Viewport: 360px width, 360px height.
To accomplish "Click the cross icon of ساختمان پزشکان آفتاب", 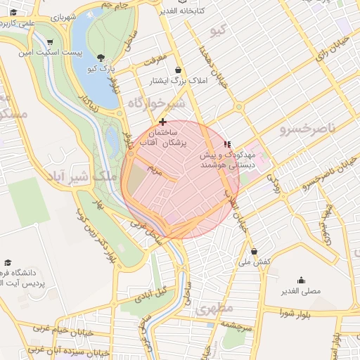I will pyautogui.click(x=163, y=122).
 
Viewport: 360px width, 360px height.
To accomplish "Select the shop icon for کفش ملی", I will pyautogui.click(x=254, y=251).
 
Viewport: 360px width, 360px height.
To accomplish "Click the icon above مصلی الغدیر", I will pyautogui.click(x=301, y=280).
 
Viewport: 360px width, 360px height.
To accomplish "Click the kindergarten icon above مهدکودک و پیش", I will pyautogui.click(x=226, y=143).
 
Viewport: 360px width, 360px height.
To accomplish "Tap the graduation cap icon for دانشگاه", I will pyautogui.click(x=8, y=261).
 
